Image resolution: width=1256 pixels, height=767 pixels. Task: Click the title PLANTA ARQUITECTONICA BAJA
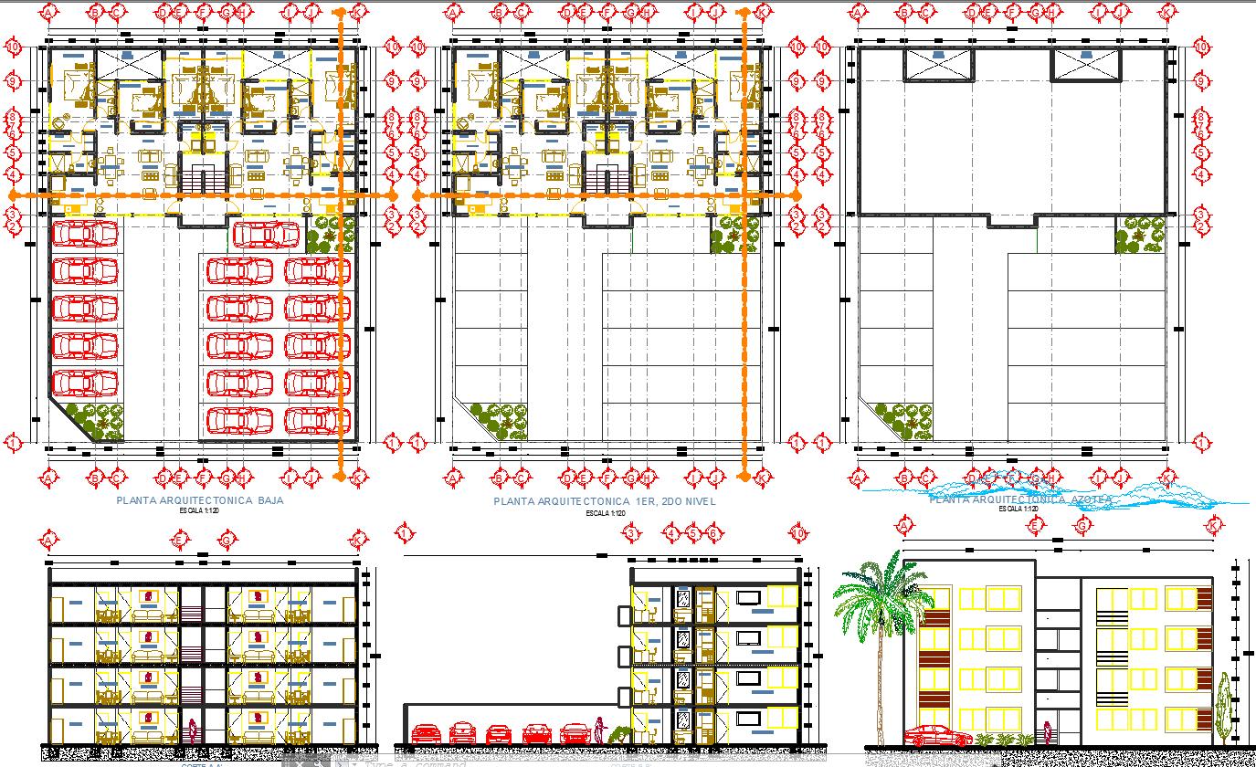[200, 501]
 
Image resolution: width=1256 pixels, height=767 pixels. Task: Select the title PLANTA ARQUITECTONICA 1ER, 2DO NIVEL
[605, 501]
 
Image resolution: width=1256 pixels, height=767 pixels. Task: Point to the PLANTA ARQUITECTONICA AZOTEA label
[1019, 499]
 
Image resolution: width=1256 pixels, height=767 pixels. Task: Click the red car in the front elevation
[938, 735]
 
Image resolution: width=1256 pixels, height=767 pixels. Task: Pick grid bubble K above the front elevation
[1214, 526]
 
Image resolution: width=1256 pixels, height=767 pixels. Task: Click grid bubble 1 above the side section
[405, 533]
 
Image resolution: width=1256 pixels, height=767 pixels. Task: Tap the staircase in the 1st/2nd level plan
[607, 174]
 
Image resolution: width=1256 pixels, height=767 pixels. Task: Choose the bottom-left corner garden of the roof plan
[904, 420]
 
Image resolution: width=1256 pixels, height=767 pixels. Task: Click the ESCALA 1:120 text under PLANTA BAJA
[200, 511]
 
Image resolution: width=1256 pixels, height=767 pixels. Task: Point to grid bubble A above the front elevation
[904, 526]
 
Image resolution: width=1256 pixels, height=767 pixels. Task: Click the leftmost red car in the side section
[427, 733]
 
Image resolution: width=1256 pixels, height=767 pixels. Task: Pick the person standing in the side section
[599, 730]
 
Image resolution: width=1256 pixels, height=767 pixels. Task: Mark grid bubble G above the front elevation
[1082, 526]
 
